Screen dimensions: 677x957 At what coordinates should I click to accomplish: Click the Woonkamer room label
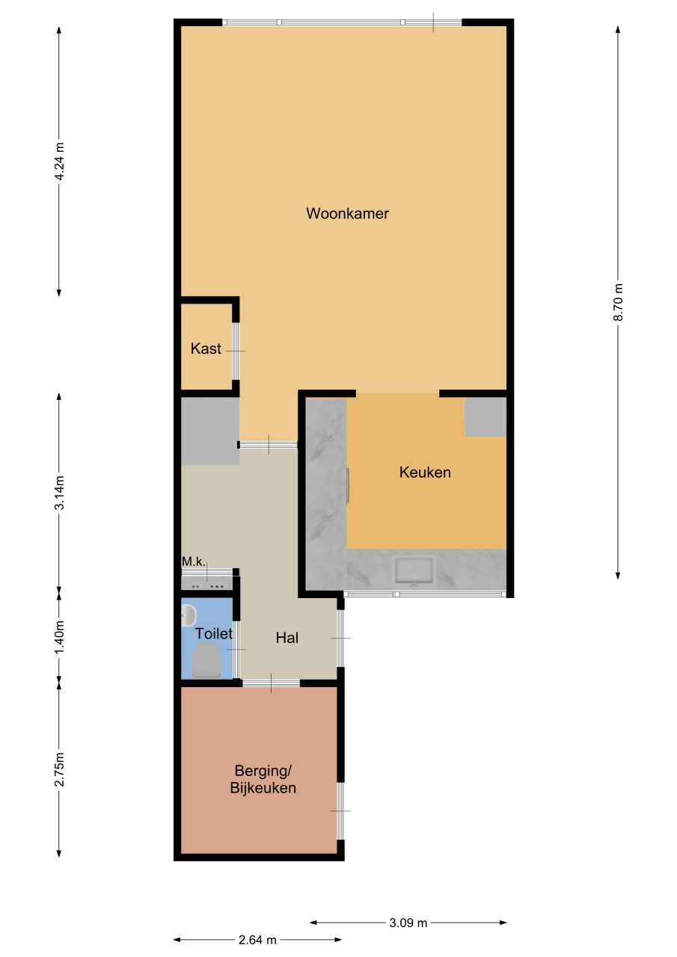[347, 213]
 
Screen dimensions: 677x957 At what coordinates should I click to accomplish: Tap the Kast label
[206, 348]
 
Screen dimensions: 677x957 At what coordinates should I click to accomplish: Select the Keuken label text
[425, 472]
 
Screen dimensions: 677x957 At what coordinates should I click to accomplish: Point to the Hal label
[287, 638]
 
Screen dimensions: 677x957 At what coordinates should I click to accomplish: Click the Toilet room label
[213, 633]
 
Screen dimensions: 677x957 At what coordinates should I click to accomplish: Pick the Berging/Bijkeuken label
[263, 779]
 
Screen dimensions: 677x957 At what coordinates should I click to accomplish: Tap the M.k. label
[194, 561]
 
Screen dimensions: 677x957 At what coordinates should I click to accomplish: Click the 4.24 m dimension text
[59, 161]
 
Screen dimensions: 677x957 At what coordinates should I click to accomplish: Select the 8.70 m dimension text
[618, 301]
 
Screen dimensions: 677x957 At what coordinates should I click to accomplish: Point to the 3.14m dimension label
[59, 492]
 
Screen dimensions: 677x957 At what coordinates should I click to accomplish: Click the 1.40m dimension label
[59, 636]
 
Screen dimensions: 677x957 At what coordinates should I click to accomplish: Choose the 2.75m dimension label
[59, 769]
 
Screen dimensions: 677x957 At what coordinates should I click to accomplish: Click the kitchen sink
[414, 571]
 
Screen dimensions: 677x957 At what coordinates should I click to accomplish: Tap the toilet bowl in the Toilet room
[206, 661]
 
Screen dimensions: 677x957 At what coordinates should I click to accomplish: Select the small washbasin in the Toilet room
[188, 615]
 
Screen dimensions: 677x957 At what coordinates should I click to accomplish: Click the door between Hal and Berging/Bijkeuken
[271, 683]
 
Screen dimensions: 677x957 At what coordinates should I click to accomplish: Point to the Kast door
[236, 351]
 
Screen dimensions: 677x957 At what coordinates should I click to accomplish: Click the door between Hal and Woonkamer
[268, 445]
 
